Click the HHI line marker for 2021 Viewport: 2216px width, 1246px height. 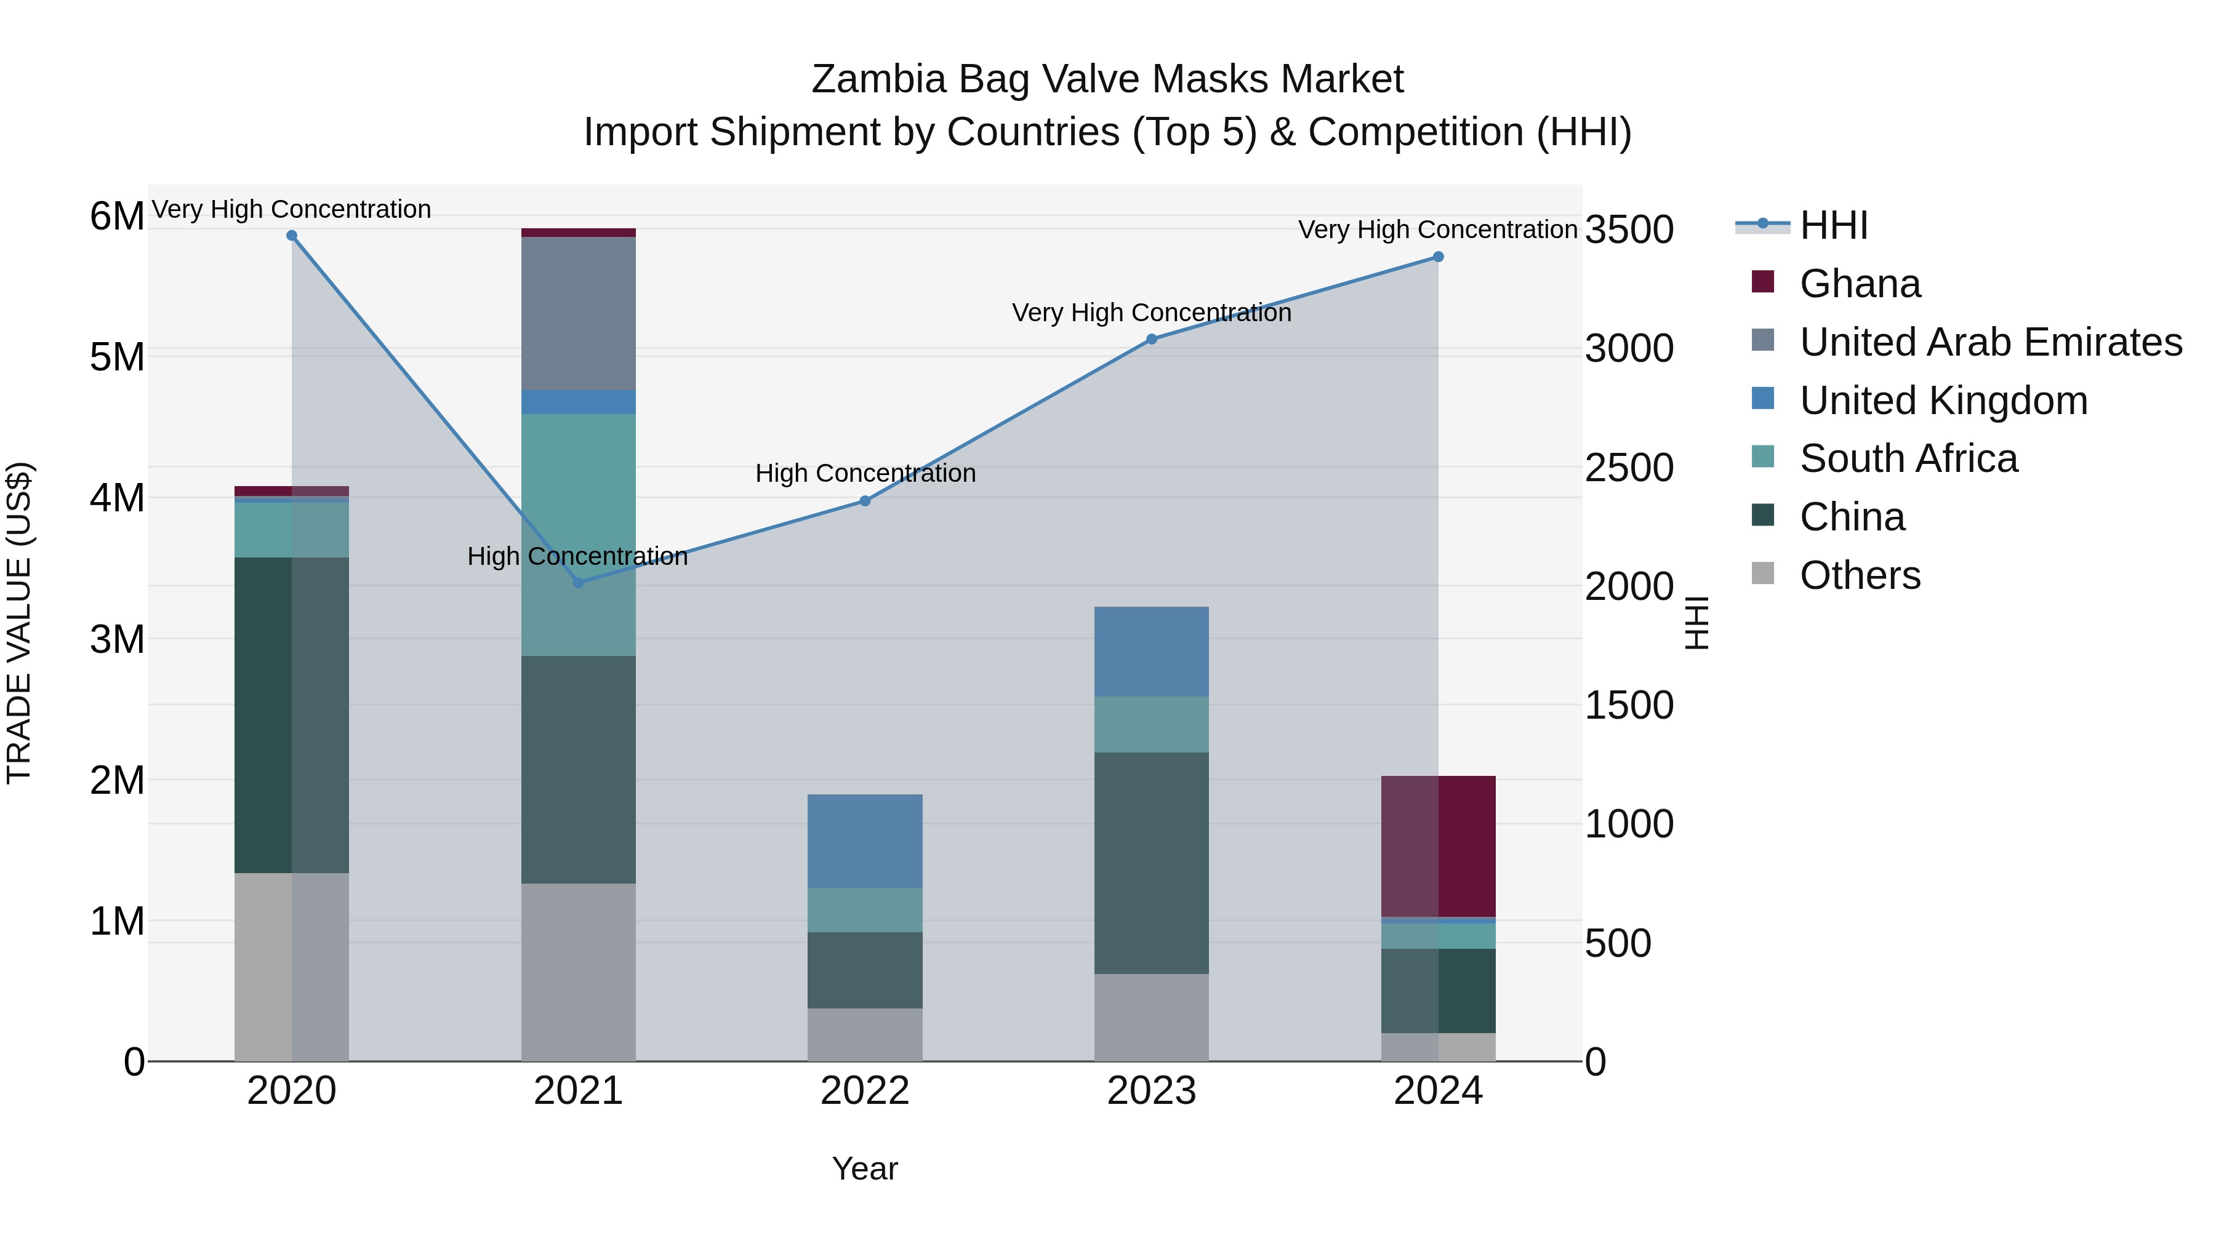tap(578, 582)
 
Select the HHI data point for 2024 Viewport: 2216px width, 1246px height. tap(1437, 256)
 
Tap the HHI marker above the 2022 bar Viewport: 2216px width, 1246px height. tap(865, 500)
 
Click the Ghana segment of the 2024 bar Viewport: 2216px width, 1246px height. tap(1437, 846)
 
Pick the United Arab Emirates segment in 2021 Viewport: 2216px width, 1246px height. tap(578, 313)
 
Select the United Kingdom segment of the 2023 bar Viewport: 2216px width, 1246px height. tap(1151, 651)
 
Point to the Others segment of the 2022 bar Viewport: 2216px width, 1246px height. tap(865, 1034)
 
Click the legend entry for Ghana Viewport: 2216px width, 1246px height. tap(1859, 284)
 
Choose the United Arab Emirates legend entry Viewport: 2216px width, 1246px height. tap(1989, 342)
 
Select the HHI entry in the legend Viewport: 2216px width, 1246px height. tap(1833, 225)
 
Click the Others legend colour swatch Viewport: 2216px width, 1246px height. tap(1763, 573)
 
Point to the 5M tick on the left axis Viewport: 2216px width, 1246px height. tap(117, 357)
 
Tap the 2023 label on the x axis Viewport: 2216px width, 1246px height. tap(1151, 1091)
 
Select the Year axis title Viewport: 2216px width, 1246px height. tap(865, 1168)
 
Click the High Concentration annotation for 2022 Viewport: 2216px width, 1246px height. tap(865, 473)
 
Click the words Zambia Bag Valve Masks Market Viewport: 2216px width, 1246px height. tap(1107, 79)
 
